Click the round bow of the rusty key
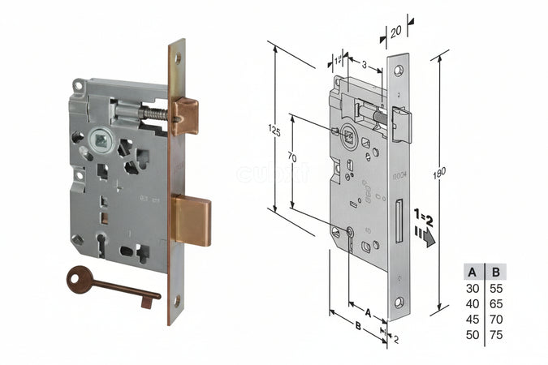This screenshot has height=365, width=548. point(80,281)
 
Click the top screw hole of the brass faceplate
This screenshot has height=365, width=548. point(177,58)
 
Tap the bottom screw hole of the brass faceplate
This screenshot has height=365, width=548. point(176,301)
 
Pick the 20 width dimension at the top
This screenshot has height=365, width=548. point(395,33)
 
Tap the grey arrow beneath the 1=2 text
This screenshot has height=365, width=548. point(425,237)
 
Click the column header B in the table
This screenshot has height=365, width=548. point(496,273)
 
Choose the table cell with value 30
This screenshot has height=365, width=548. point(472,289)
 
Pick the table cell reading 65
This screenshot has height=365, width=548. point(496,304)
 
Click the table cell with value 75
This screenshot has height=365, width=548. point(496,334)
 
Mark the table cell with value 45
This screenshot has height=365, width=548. point(472,320)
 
